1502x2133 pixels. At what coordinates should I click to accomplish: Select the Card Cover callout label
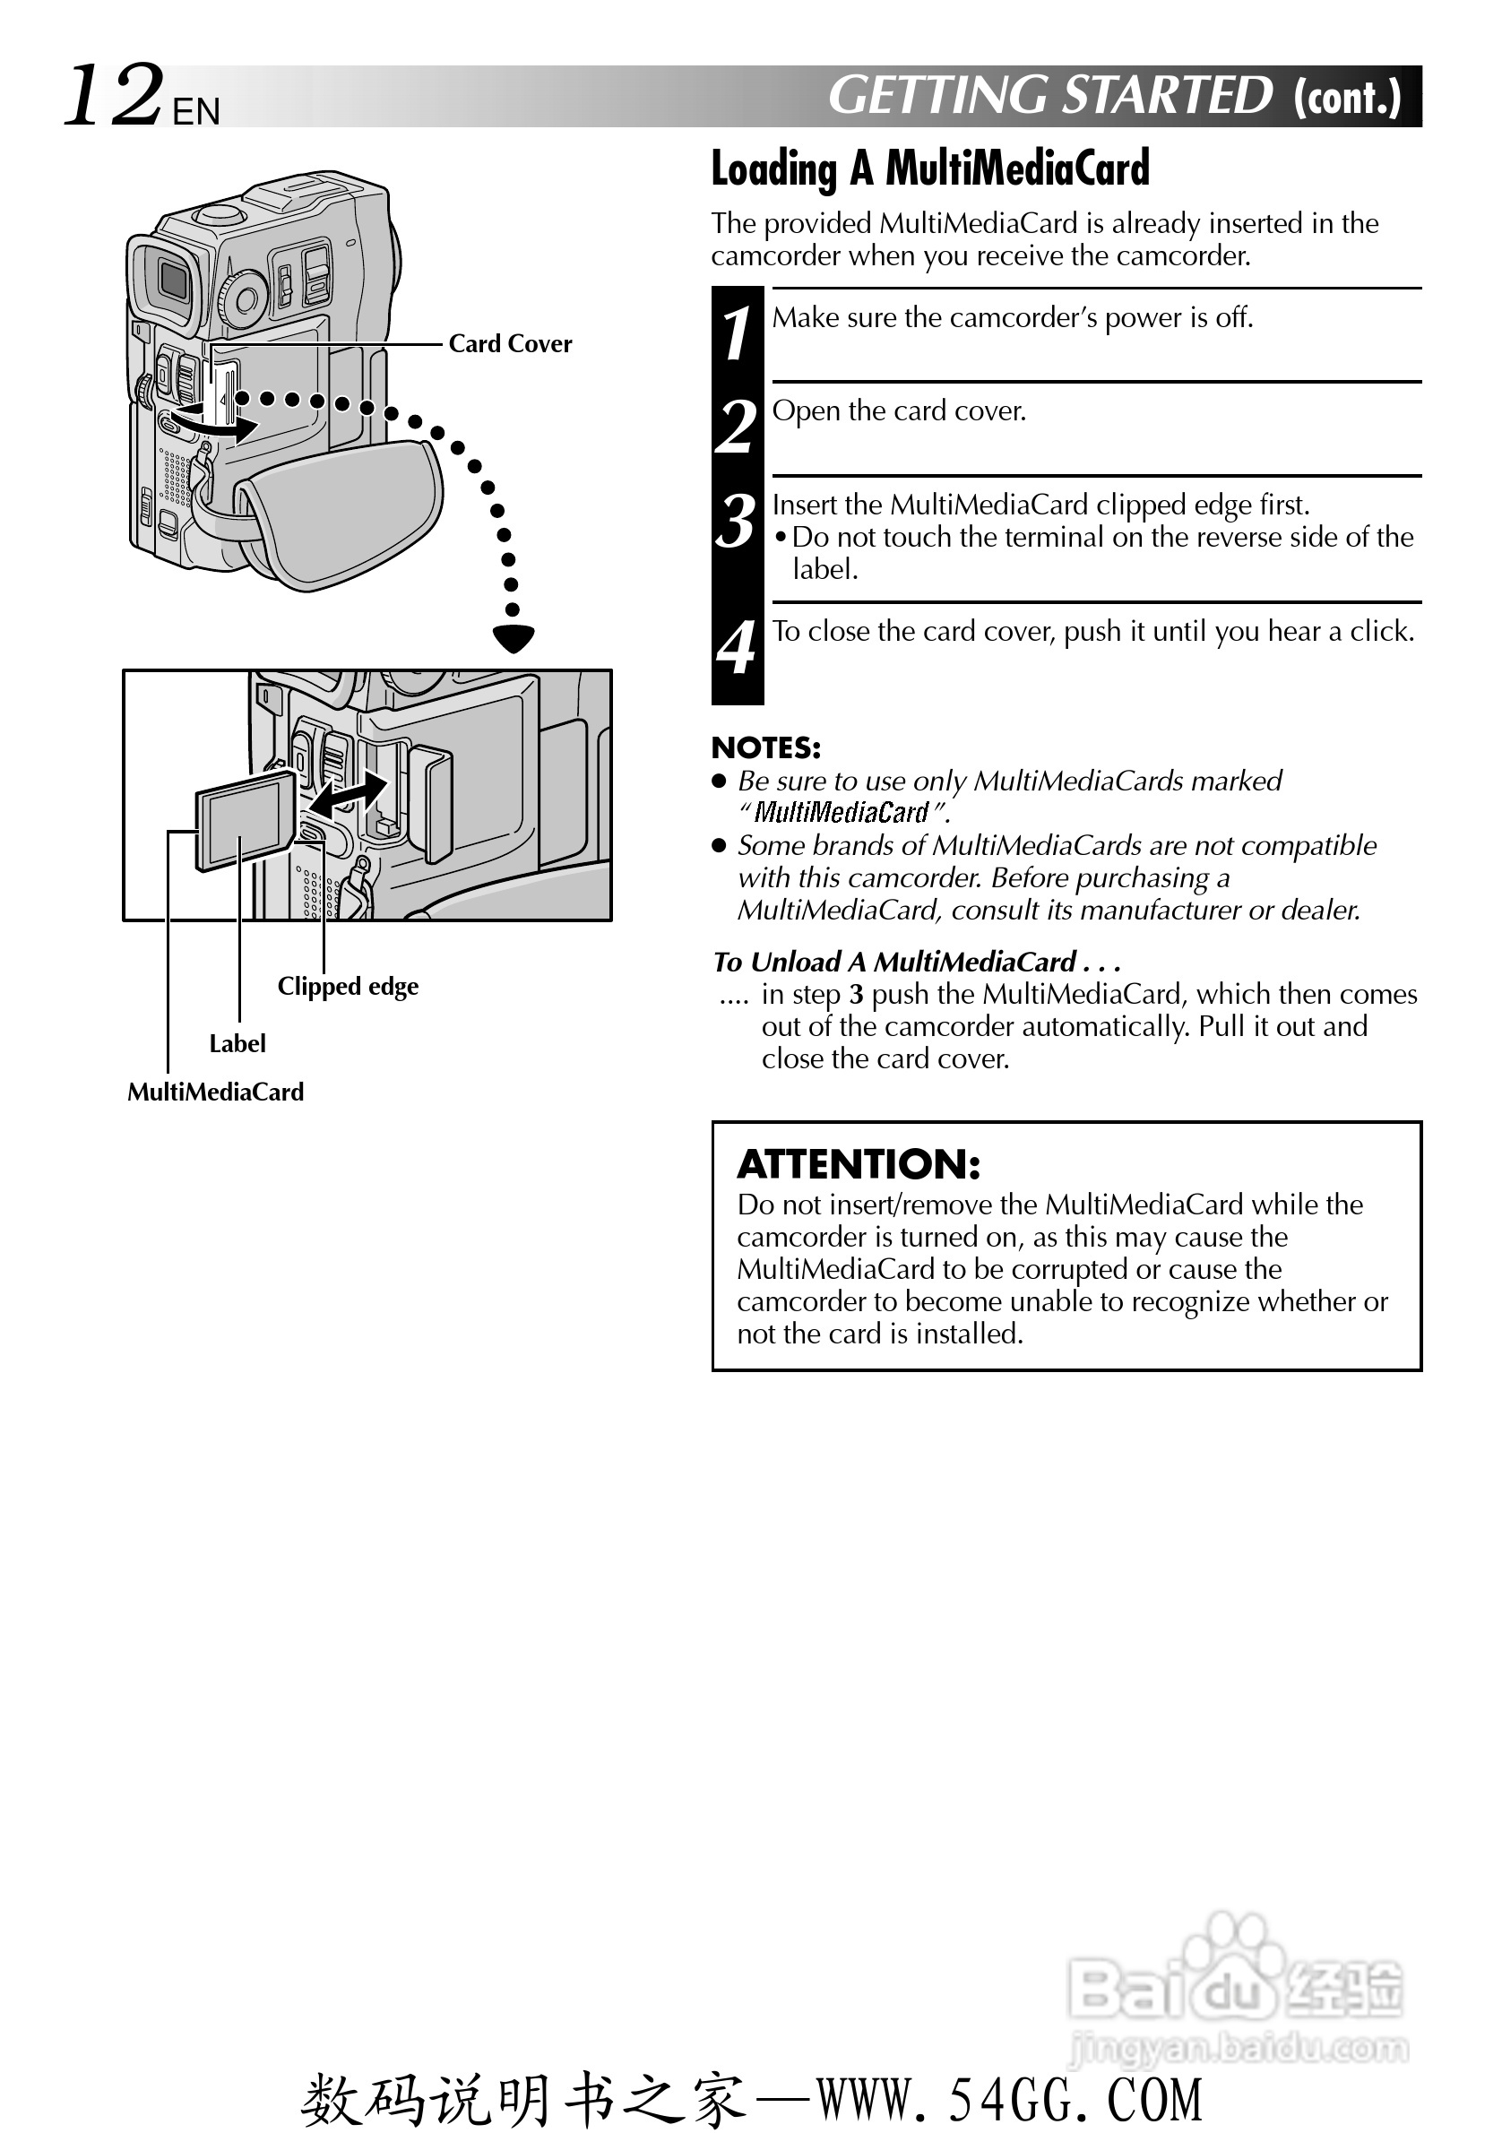pos(510,344)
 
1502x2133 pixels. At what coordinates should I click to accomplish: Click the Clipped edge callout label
pos(348,986)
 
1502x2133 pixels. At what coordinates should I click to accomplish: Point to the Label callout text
pos(237,1043)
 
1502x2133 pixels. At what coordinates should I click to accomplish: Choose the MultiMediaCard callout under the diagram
pos(215,1092)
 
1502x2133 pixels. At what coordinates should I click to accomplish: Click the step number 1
pos(737,333)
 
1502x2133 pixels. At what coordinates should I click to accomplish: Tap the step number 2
pos(737,427)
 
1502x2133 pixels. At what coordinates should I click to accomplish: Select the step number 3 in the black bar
pos(737,522)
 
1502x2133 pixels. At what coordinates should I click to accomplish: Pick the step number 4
pos(737,647)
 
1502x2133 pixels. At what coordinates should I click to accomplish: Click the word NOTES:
pos(765,747)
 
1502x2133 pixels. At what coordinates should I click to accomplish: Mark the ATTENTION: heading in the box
pos(859,1164)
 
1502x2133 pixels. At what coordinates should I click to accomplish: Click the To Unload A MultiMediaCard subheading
pos(916,962)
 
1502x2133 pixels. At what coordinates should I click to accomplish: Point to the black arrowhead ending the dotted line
pos(514,638)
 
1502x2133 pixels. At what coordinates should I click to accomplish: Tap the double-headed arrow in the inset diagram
pos(348,794)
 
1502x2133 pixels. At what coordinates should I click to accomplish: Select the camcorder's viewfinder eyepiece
pos(170,278)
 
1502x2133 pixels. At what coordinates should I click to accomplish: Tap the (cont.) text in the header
pos(1347,97)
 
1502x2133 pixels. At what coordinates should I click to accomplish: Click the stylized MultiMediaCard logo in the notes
pos(841,813)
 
